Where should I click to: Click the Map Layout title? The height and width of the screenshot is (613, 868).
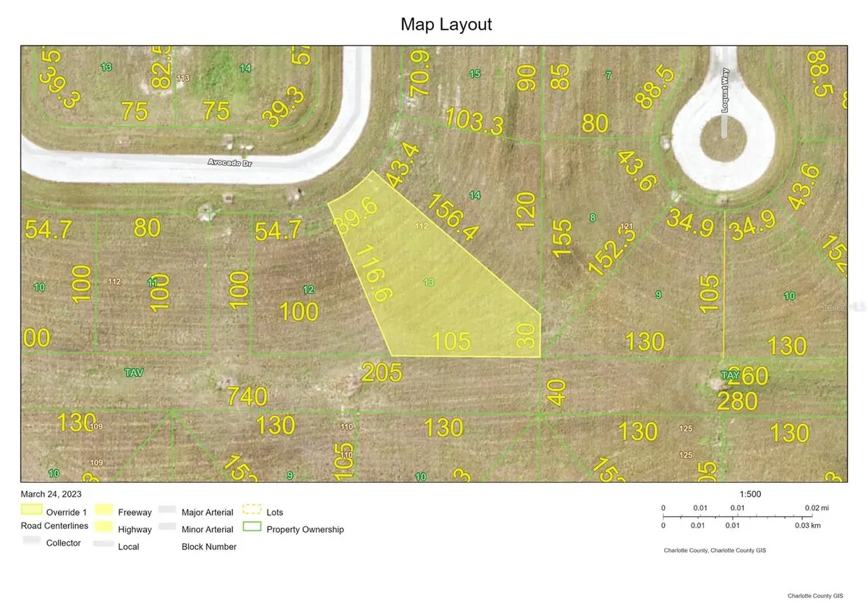click(446, 24)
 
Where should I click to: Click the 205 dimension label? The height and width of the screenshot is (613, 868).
click(381, 373)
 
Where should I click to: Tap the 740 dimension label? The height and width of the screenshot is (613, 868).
click(247, 396)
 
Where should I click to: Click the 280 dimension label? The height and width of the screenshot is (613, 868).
click(737, 400)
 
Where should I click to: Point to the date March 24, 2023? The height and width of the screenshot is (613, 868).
click(51, 494)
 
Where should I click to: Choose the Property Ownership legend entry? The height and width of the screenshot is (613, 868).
click(305, 529)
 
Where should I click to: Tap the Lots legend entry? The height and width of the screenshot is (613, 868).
click(275, 512)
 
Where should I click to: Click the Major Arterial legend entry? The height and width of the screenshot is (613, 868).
click(207, 512)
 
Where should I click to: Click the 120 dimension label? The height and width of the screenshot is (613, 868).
click(526, 215)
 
